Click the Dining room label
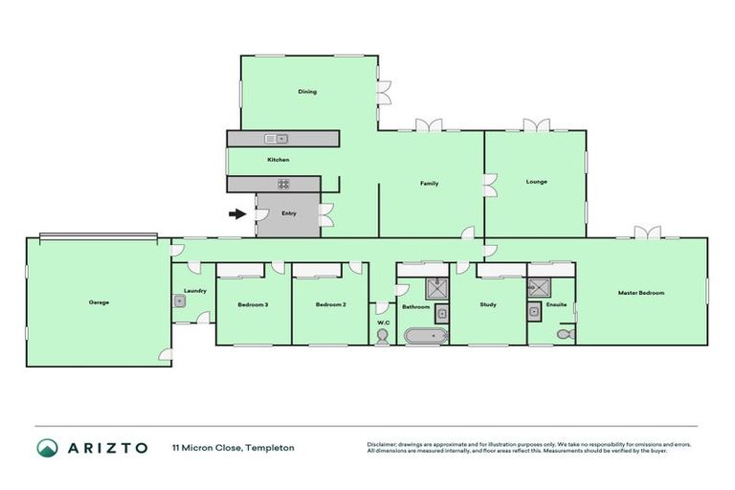click(306, 92)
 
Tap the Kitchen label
click(278, 160)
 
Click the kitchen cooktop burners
click(283, 184)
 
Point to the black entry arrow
click(236, 213)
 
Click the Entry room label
click(288, 212)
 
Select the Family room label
click(430, 183)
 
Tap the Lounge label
click(536, 181)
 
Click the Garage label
click(99, 302)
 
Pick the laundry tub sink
click(180, 301)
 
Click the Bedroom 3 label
click(253, 305)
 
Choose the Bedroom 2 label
click(330, 305)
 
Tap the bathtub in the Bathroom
click(423, 336)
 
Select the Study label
click(488, 305)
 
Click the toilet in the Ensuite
click(565, 334)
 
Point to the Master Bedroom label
click(640, 293)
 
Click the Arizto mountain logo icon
click(47, 447)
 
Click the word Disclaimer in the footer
click(384, 444)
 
